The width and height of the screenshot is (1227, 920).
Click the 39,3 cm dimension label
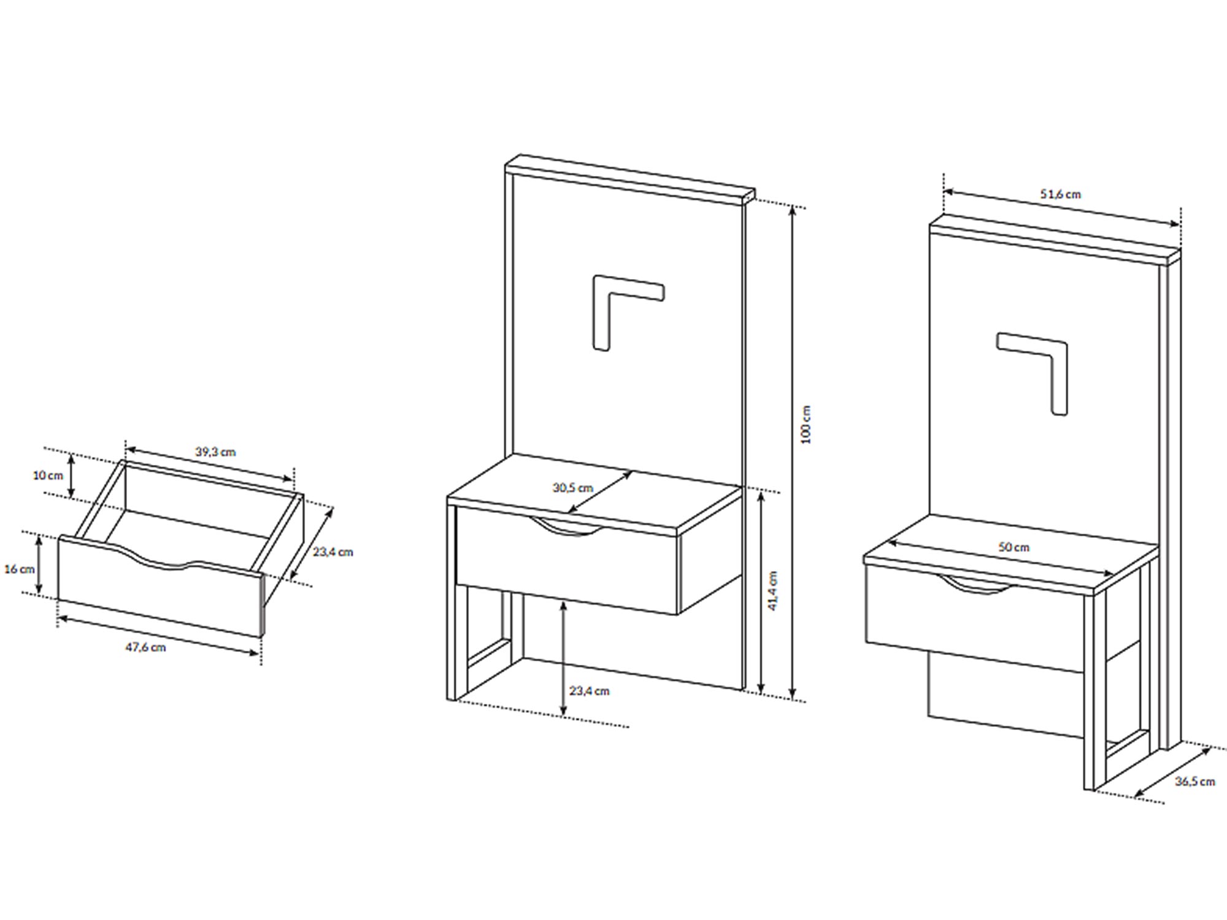coord(215,452)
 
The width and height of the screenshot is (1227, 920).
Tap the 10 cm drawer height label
coord(48,475)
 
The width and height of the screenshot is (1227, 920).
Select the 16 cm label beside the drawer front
coord(19,569)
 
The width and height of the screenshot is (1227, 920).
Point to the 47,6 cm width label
coord(145,647)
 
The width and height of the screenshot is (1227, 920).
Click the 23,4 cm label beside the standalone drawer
coord(333,552)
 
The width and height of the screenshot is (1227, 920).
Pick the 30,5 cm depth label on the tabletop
coord(573,488)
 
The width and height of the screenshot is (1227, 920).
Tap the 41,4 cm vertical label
coord(773,591)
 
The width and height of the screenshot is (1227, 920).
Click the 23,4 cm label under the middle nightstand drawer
coord(589,691)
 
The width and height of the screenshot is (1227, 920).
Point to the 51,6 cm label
coord(1060,194)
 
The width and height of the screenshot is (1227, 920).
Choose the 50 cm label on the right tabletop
coord(1014,547)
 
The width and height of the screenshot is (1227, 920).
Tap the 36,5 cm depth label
coord(1194,782)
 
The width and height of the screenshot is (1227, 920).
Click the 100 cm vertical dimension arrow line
coord(793,453)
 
